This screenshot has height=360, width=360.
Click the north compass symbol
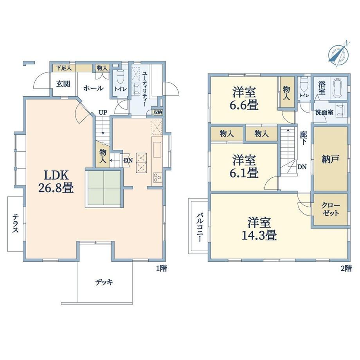pos(338,54)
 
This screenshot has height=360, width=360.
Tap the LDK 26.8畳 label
pos(56,182)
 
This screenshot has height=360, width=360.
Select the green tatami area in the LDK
pos(104,189)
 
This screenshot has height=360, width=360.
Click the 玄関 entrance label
pos(63,84)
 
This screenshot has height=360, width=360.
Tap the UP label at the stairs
pos(103,113)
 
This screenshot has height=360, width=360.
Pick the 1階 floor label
pos(162,268)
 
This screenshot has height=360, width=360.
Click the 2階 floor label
pos(346,268)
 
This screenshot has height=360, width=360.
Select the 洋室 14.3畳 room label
pos(259,229)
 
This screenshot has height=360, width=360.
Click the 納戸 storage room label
pos(330,159)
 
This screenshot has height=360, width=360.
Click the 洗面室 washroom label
pos(324,113)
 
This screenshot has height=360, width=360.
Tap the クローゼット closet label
pos(331,209)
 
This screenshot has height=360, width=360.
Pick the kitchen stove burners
pos(157,177)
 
